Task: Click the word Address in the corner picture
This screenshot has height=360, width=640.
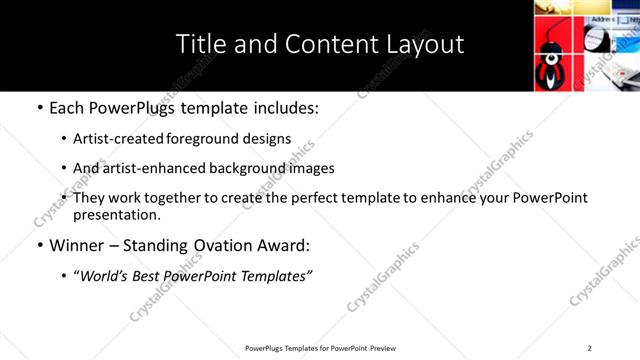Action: pyautogui.click(x=602, y=19)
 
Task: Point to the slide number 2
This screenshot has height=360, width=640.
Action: pyautogui.click(x=590, y=347)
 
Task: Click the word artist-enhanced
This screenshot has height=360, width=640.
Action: pyautogui.click(x=147, y=168)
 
